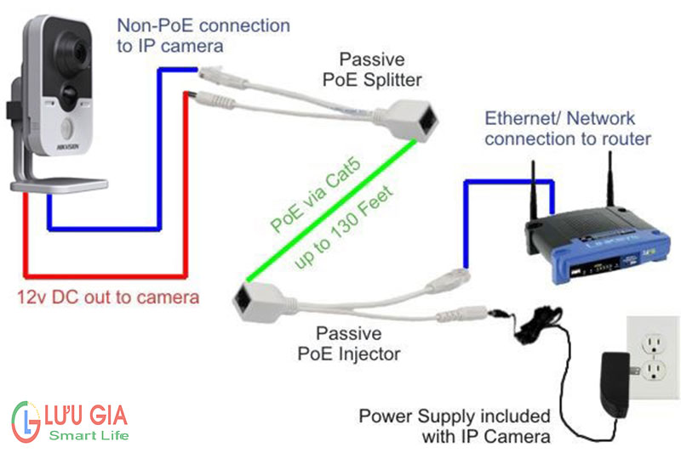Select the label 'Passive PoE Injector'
pyautogui.click(x=358, y=341)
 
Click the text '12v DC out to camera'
pyautogui.click(x=108, y=297)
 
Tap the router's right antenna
pyautogui.click(x=609, y=182)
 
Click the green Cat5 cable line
pyautogui.click(x=332, y=212)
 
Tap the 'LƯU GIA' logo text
pyautogui.click(x=86, y=417)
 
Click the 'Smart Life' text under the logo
pyautogui.click(x=88, y=437)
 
